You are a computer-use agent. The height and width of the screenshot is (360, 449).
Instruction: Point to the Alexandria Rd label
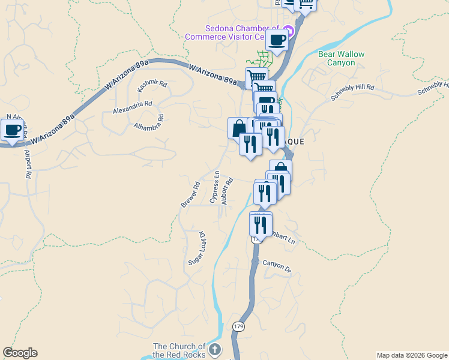click(x=132, y=107)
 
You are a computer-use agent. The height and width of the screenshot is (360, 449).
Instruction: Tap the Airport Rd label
click(x=27, y=164)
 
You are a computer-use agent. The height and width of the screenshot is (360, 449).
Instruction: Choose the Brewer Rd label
click(x=190, y=195)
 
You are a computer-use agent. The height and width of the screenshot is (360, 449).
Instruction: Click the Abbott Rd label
click(x=226, y=191)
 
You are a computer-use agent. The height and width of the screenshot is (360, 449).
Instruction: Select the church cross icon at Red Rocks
click(x=215, y=349)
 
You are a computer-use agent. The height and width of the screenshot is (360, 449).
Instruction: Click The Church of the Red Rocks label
click(x=179, y=350)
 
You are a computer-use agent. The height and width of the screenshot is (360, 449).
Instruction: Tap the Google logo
click(x=20, y=353)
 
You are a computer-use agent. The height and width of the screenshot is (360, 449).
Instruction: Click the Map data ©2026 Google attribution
click(x=411, y=355)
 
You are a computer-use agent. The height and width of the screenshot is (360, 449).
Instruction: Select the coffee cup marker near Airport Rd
click(x=12, y=129)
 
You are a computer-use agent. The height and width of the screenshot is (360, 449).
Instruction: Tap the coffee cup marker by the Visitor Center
click(x=277, y=40)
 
